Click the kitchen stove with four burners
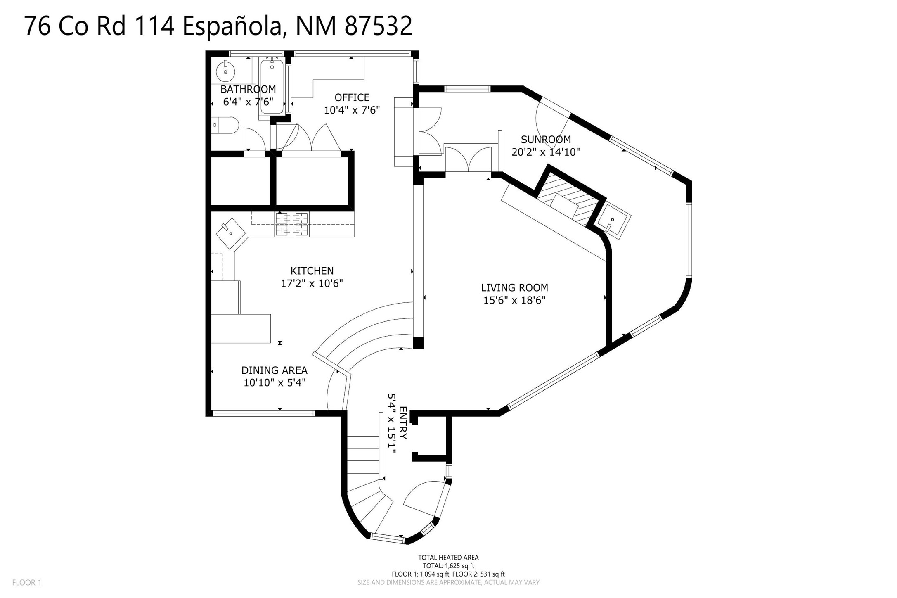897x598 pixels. [x=292, y=224]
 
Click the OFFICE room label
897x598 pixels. [x=352, y=97]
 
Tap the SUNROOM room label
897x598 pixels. [x=546, y=140]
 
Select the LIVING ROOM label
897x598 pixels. [x=514, y=288]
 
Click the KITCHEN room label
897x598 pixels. [x=312, y=271]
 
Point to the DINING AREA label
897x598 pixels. [x=275, y=370]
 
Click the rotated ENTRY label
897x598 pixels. [x=403, y=423]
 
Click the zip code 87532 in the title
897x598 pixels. [x=378, y=26]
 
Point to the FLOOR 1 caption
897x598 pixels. [x=27, y=583]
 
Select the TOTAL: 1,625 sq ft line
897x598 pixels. [x=448, y=566]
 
